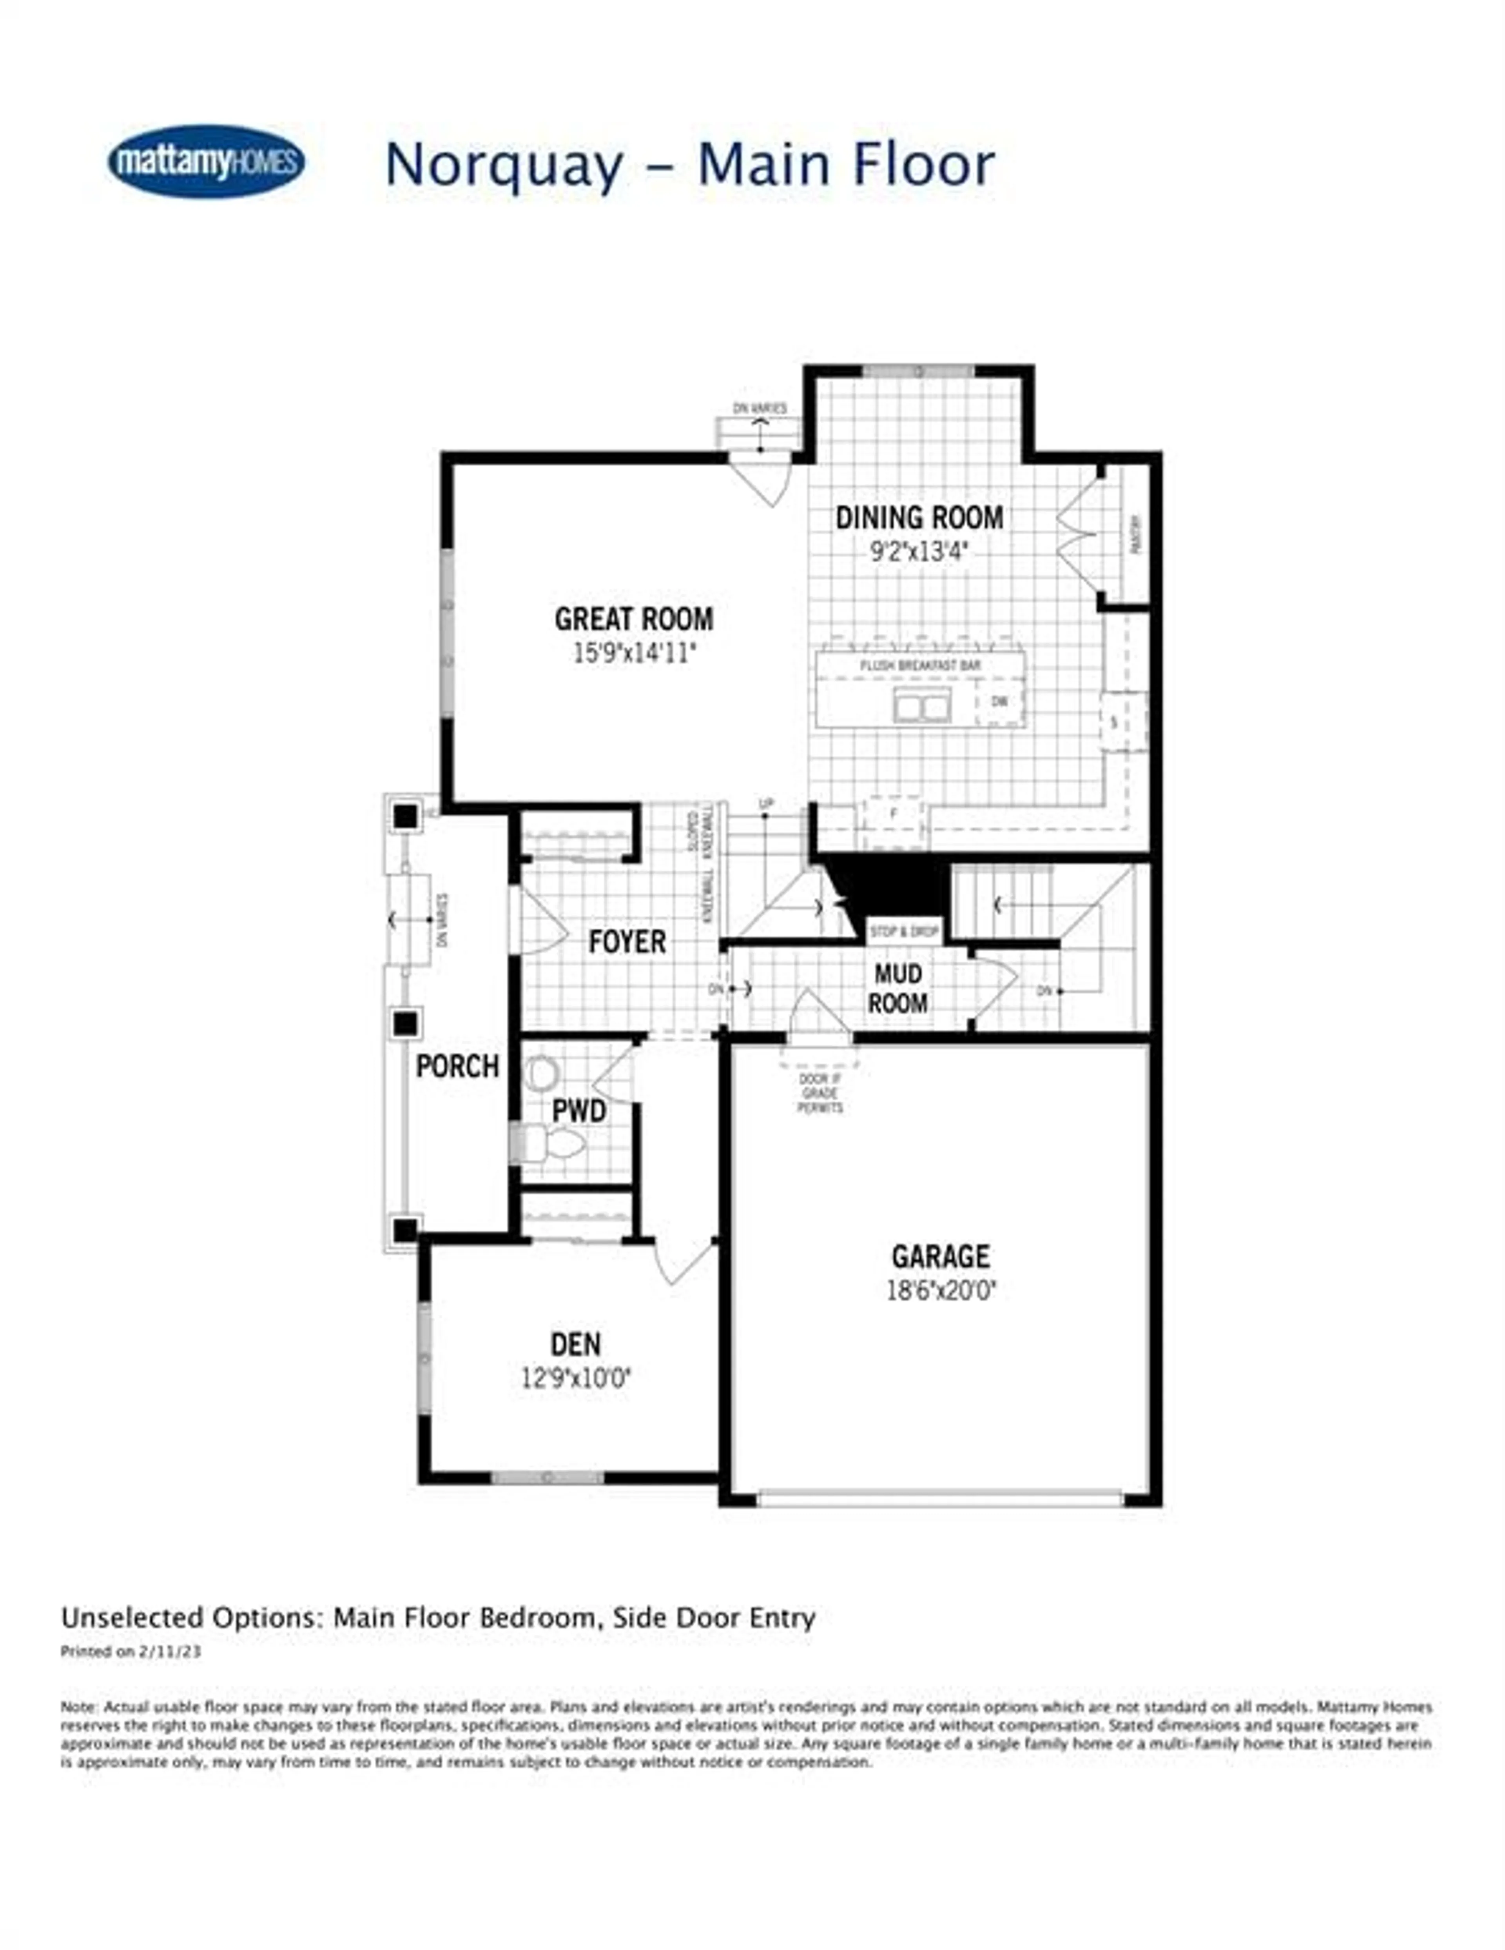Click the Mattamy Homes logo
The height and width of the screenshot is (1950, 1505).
pos(206,162)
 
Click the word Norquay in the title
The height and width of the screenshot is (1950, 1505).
pos(504,165)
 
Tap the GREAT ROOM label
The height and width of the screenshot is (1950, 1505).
pos(634,619)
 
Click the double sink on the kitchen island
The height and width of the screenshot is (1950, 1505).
pos(921,707)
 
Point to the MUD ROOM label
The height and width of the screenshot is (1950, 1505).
pos(898,989)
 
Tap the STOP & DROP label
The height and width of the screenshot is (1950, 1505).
pos(904,931)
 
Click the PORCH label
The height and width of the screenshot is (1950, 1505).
pos(457,1066)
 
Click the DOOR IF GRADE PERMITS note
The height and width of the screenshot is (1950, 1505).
pos(820,1093)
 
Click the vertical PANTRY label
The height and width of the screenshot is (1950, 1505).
pos(1135,534)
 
